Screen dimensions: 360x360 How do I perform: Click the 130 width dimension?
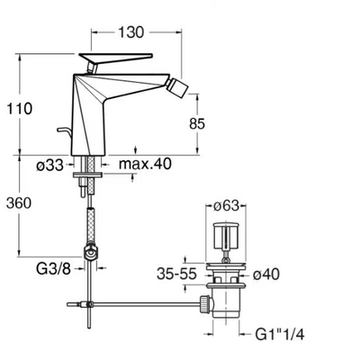pyautogui.click(x=131, y=32)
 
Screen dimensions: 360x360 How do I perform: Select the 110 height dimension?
pyautogui.click(x=19, y=108)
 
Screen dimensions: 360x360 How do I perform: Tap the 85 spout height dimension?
pyautogui.click(x=197, y=123)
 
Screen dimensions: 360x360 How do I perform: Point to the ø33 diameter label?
pyautogui.click(x=50, y=165)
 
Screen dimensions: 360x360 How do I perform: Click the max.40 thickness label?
pyautogui.click(x=145, y=164)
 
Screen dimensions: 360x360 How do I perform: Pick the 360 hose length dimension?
pyautogui.click(x=19, y=203)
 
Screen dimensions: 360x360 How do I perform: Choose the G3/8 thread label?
pyautogui.click(x=53, y=269)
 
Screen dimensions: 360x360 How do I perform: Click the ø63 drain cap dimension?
pyautogui.click(x=226, y=205)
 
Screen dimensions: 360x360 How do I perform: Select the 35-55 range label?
pyautogui.click(x=176, y=274)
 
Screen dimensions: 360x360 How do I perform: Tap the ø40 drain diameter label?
pyautogui.click(x=265, y=274)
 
